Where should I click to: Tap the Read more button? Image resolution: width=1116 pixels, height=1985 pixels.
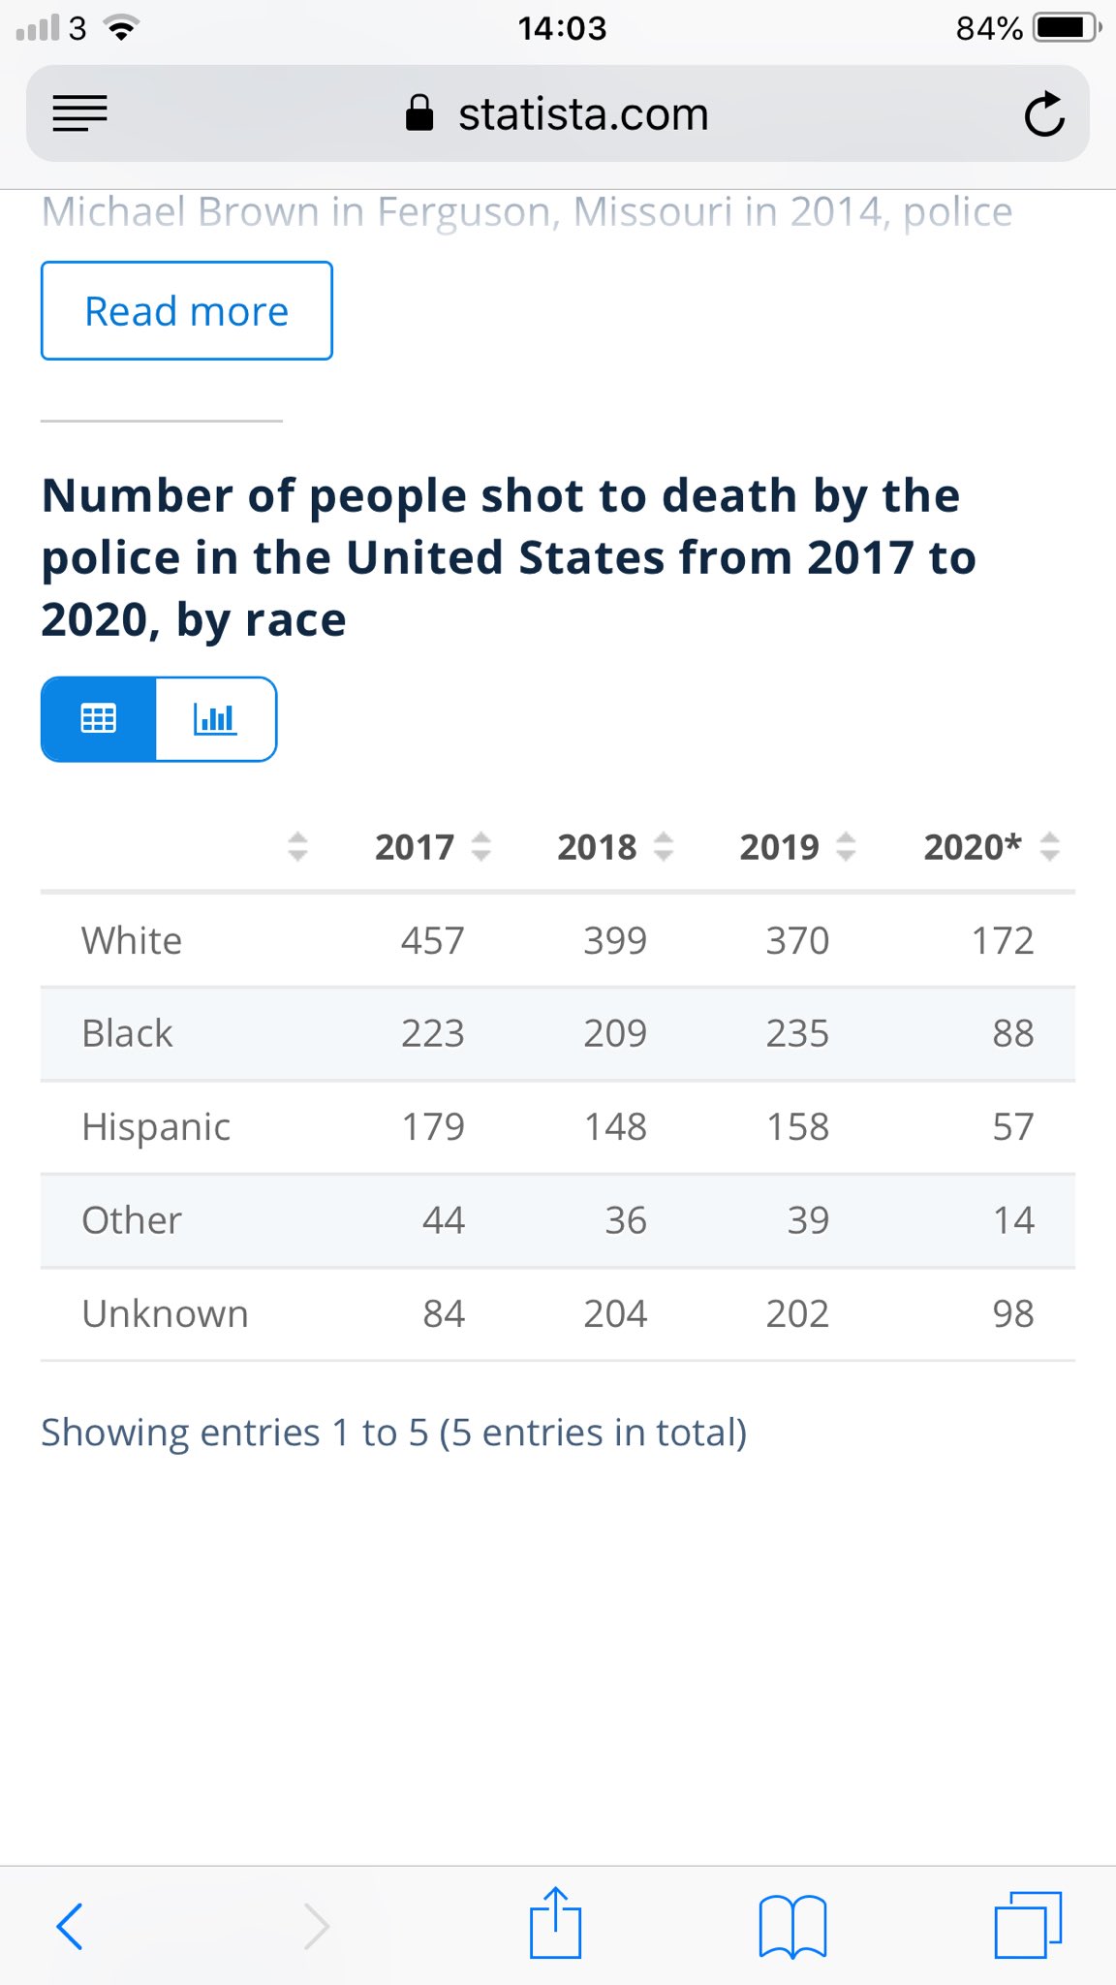(x=187, y=311)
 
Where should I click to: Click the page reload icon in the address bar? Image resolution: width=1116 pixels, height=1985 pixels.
(x=1044, y=114)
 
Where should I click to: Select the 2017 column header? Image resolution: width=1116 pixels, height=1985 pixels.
(x=415, y=847)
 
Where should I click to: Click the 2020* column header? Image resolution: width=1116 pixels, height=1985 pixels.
(x=972, y=847)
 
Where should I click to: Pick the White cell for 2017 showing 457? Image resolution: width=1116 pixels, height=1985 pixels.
(x=433, y=940)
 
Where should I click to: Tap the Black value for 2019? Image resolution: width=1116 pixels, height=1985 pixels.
(x=797, y=1033)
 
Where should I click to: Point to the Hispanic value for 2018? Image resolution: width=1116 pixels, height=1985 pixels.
(x=615, y=1126)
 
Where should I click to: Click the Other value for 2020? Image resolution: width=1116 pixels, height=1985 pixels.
(x=1013, y=1219)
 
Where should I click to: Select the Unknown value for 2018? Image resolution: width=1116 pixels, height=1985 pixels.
(x=615, y=1313)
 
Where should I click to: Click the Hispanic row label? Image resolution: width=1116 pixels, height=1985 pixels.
(x=156, y=1126)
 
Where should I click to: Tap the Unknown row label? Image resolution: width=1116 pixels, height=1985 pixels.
(x=165, y=1313)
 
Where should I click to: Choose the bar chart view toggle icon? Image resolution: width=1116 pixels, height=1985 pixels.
(x=215, y=719)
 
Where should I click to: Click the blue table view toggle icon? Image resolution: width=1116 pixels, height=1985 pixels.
(x=98, y=719)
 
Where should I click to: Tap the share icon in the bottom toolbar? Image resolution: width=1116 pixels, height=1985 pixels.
(x=555, y=1923)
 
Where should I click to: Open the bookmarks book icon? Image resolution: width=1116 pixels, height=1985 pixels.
(x=792, y=1925)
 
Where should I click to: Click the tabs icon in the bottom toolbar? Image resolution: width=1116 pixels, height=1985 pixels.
(x=1028, y=1925)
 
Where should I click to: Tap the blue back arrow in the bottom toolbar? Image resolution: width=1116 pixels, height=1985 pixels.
(x=70, y=1925)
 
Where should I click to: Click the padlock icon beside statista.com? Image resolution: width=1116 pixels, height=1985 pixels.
(x=419, y=113)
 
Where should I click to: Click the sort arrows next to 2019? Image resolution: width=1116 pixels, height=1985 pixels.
(x=846, y=847)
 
